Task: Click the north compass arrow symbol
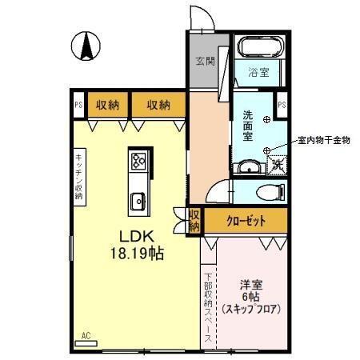[86, 46]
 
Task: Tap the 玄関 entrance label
[205, 62]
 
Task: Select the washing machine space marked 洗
[276, 164]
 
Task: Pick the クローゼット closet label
[245, 221]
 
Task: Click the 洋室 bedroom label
[250, 284]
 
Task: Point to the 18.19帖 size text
[137, 254]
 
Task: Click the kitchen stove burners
[138, 162]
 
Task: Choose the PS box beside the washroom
[281, 103]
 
